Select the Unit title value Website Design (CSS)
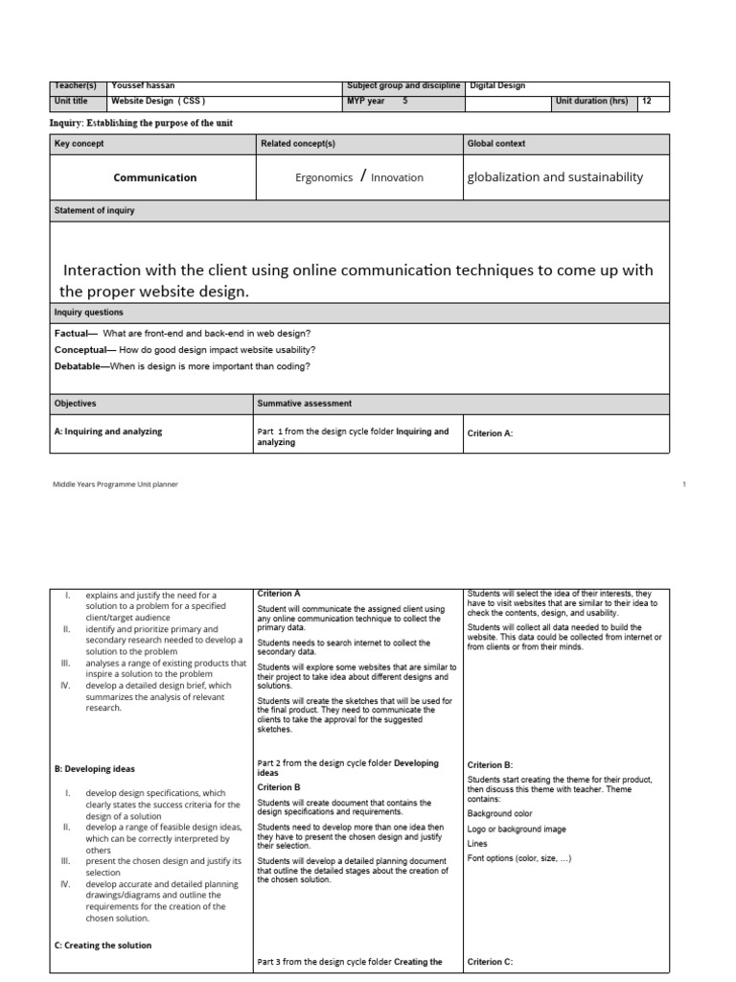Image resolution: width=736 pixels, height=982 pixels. [x=159, y=101]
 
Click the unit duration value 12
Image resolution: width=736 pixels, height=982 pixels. [x=648, y=101]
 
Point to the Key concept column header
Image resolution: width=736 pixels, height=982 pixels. [x=80, y=143]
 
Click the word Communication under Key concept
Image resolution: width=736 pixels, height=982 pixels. [x=154, y=177]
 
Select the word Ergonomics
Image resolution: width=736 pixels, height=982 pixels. [x=324, y=177]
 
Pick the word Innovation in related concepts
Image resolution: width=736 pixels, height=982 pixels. [x=397, y=177]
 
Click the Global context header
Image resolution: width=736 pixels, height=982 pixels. [x=496, y=143]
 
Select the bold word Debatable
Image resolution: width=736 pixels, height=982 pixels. [x=81, y=365]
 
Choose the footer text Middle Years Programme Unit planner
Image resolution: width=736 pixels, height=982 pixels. [x=115, y=484]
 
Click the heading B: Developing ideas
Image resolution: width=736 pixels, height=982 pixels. [x=95, y=768]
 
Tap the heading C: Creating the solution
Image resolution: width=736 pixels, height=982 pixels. [x=103, y=945]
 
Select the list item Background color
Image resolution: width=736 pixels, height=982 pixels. [x=502, y=812]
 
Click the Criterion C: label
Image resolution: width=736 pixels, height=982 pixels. [x=491, y=961]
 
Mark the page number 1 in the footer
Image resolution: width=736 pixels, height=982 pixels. [x=684, y=484]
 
